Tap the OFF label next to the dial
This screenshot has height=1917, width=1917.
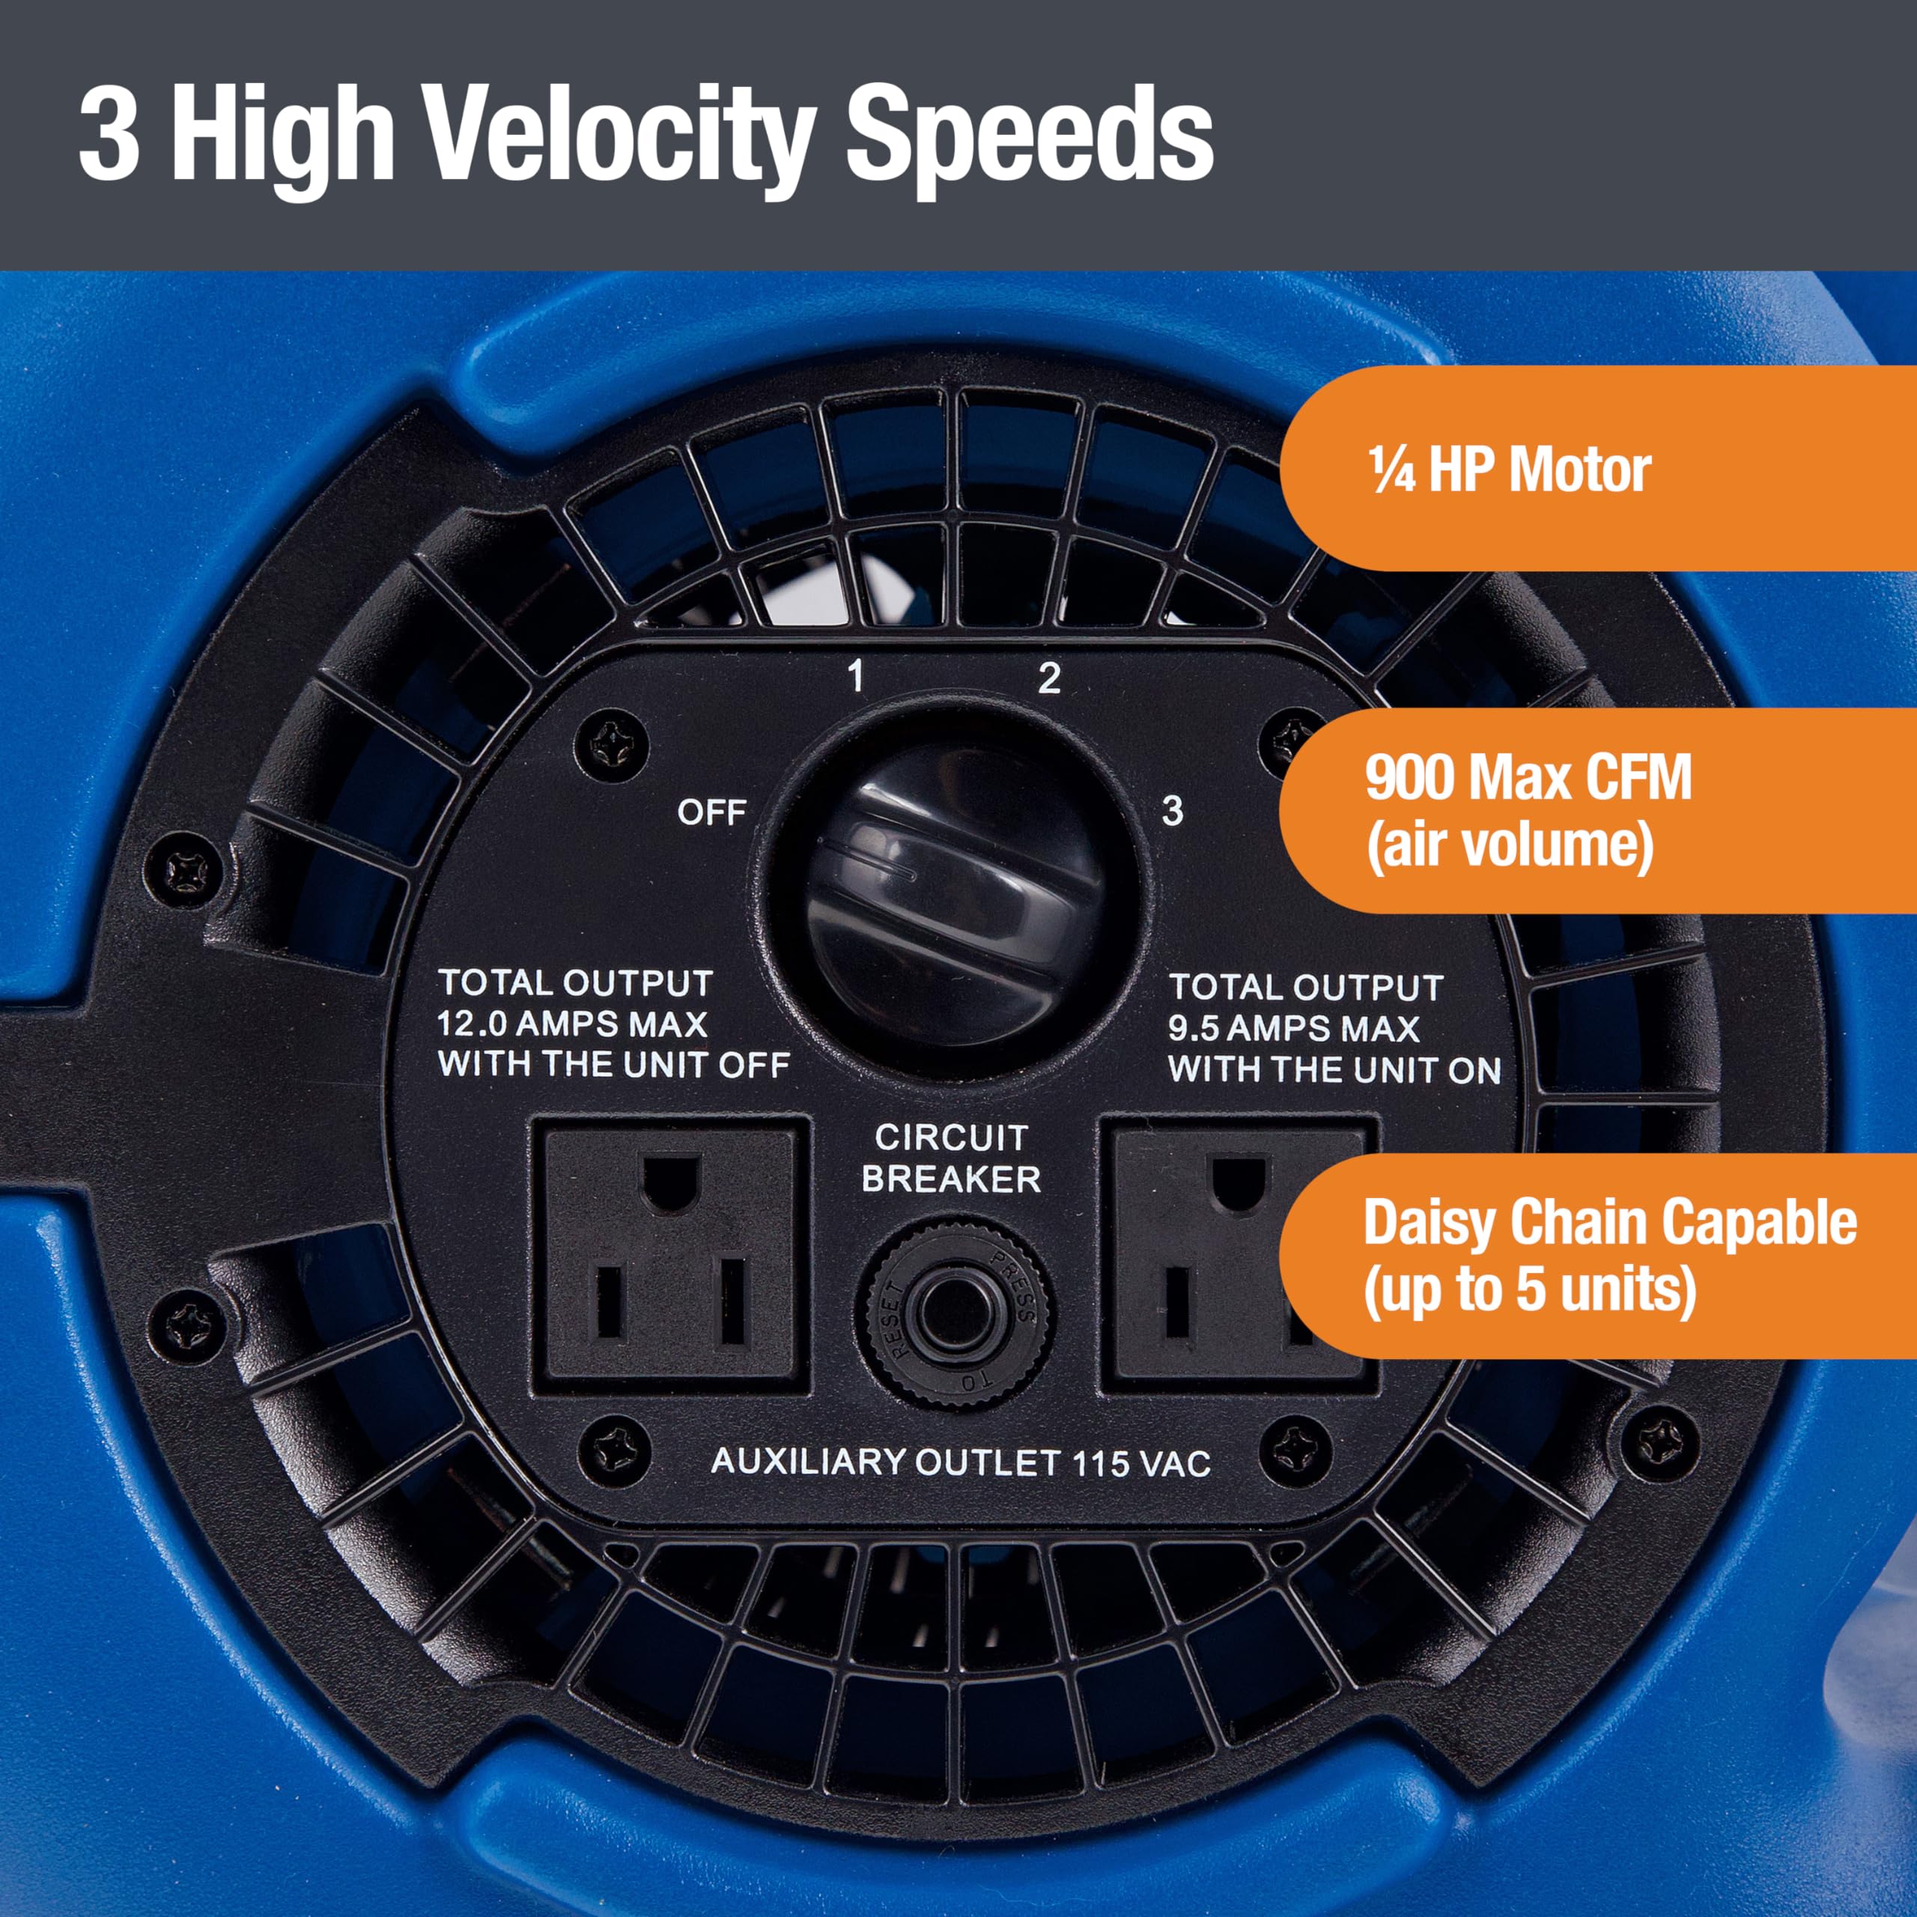click(711, 812)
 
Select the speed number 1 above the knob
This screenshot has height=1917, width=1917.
click(855, 678)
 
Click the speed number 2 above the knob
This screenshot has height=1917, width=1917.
click(1049, 678)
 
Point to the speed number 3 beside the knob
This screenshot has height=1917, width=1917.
click(1172, 811)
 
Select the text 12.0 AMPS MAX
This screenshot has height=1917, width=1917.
click(573, 1023)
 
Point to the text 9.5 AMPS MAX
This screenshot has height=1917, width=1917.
click(1293, 1028)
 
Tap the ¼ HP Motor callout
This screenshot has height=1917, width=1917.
click(1508, 470)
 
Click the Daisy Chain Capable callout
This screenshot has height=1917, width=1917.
click(1608, 1255)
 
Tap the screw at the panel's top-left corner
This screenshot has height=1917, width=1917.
click(619, 741)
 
